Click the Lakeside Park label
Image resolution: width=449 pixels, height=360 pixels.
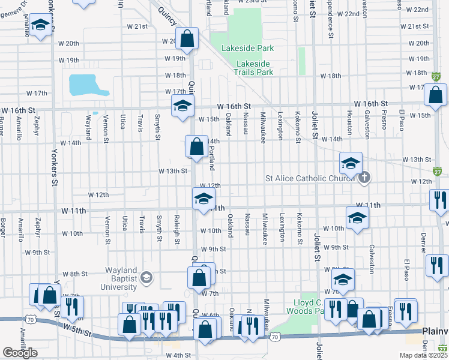point(247,48)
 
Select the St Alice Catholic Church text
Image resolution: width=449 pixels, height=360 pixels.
point(310,178)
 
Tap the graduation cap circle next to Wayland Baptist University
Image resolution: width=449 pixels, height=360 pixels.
point(146,277)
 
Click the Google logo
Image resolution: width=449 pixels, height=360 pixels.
point(20,353)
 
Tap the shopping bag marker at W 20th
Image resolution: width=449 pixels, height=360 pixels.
point(187,39)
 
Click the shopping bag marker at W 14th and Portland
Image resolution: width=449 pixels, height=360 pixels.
point(196,146)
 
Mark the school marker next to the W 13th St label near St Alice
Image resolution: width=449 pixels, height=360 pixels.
point(351,162)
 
